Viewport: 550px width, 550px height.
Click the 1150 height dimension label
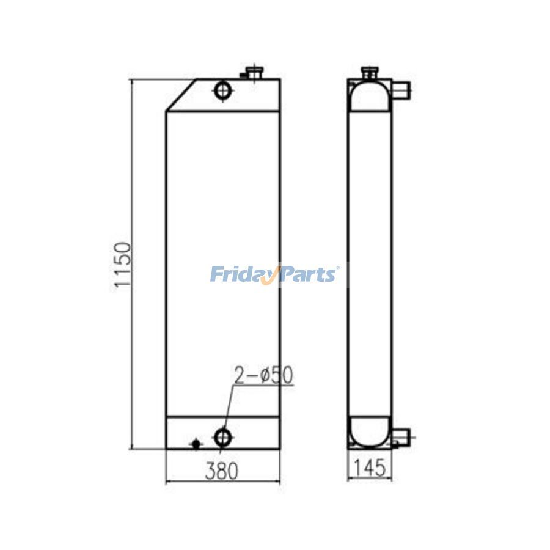tap(122, 265)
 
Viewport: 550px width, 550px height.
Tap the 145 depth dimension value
tap(370, 468)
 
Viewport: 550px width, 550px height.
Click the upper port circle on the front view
tap(222, 92)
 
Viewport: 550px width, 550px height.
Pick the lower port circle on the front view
tap(222, 436)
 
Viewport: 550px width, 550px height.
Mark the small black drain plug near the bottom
tap(196, 444)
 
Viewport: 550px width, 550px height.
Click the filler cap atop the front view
tap(253, 73)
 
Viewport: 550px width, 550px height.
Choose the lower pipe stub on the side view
tap(402, 436)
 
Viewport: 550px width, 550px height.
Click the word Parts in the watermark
tap(309, 274)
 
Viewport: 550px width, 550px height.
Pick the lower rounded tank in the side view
tap(370, 431)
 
